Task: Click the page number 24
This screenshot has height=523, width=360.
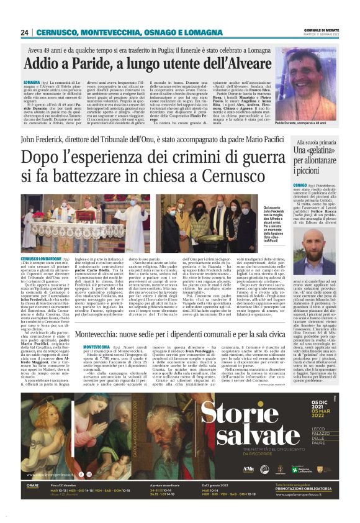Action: [x=25, y=32]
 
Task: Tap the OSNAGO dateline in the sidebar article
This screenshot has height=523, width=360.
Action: [x=300, y=184]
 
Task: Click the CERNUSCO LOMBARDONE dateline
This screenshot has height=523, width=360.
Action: [x=42, y=257]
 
